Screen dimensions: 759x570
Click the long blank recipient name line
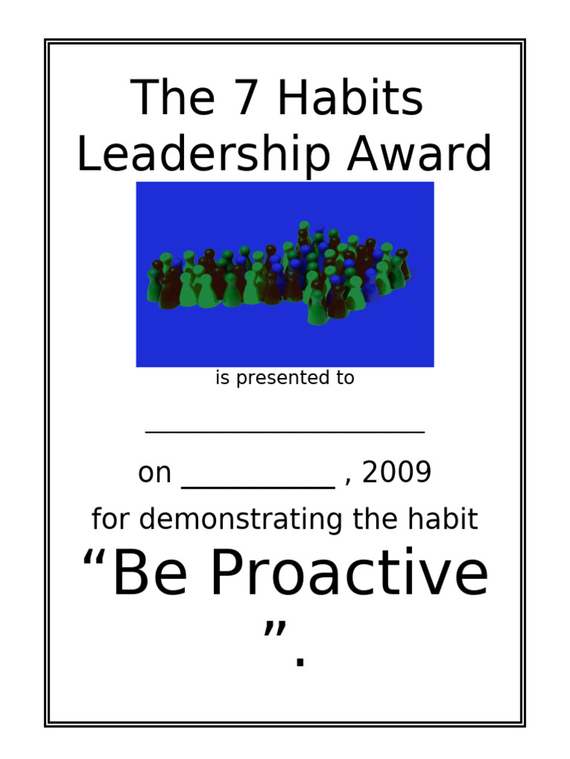pyautogui.click(x=285, y=430)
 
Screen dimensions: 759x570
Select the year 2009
pyautogui.click(x=397, y=473)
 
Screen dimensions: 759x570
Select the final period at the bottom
pyautogui.click(x=299, y=660)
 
